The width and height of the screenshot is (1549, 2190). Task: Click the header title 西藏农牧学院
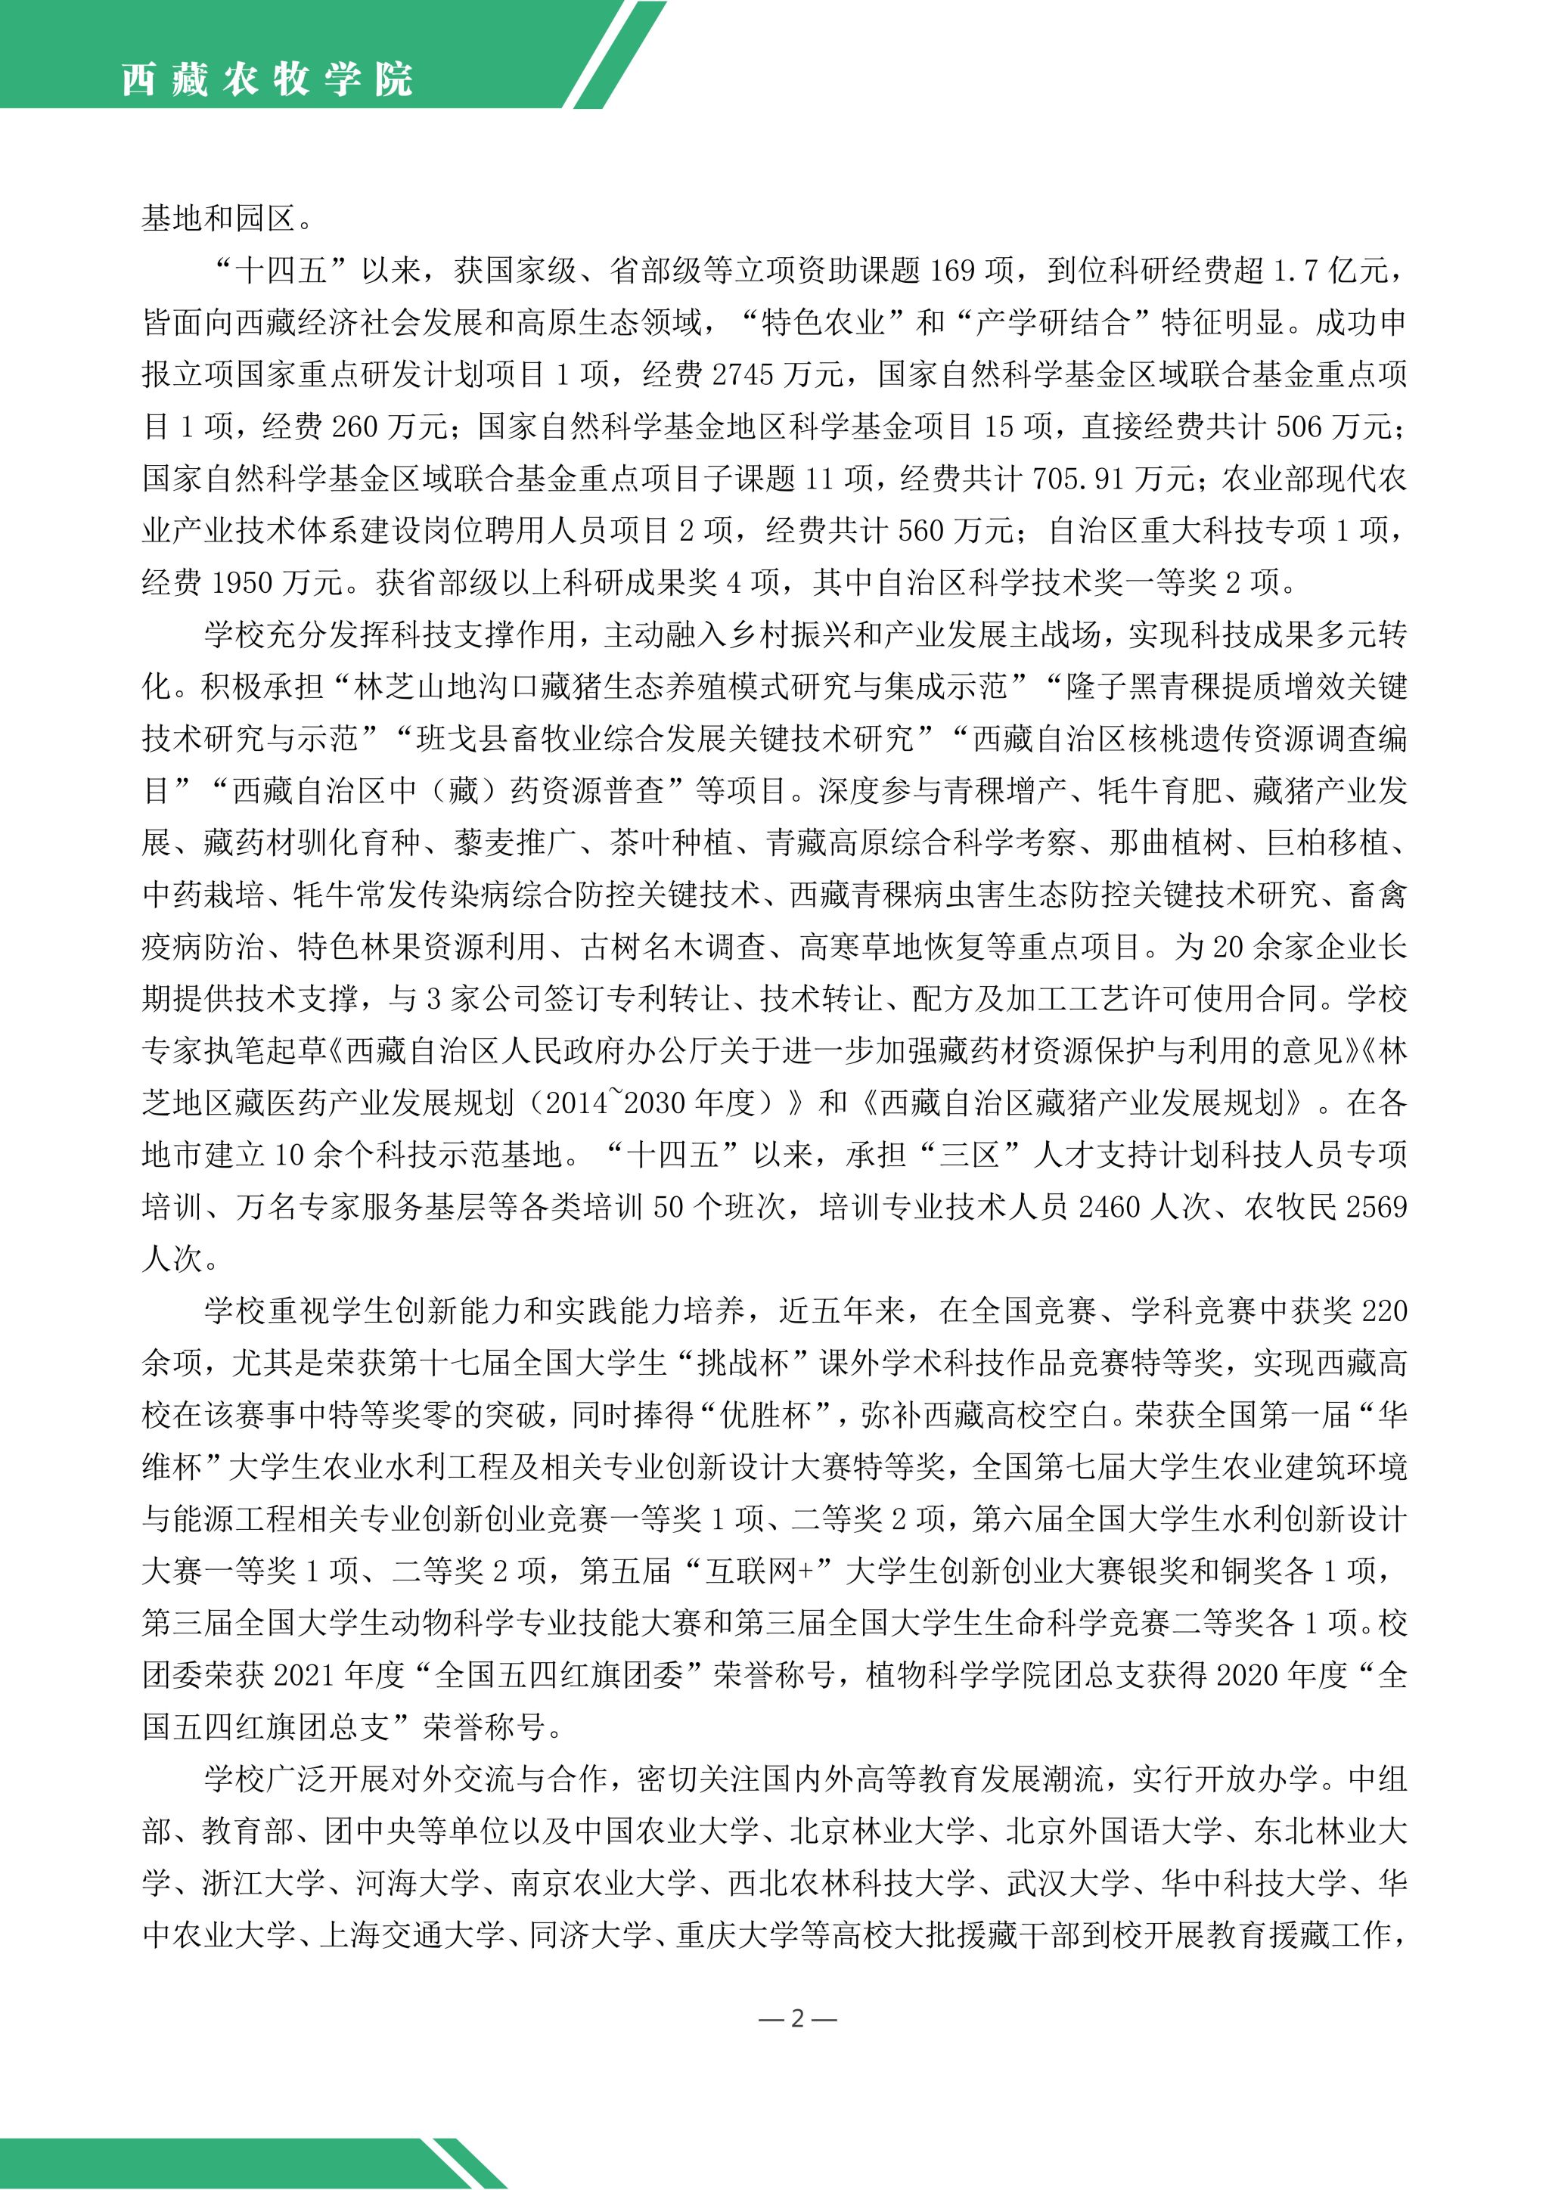[267, 79]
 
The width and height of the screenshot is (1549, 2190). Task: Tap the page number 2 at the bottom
[797, 2018]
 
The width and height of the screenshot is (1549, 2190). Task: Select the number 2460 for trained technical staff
[1110, 1207]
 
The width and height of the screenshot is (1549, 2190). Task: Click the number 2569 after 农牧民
[1374, 1207]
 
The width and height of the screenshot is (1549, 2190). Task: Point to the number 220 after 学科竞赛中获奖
[1384, 1311]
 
